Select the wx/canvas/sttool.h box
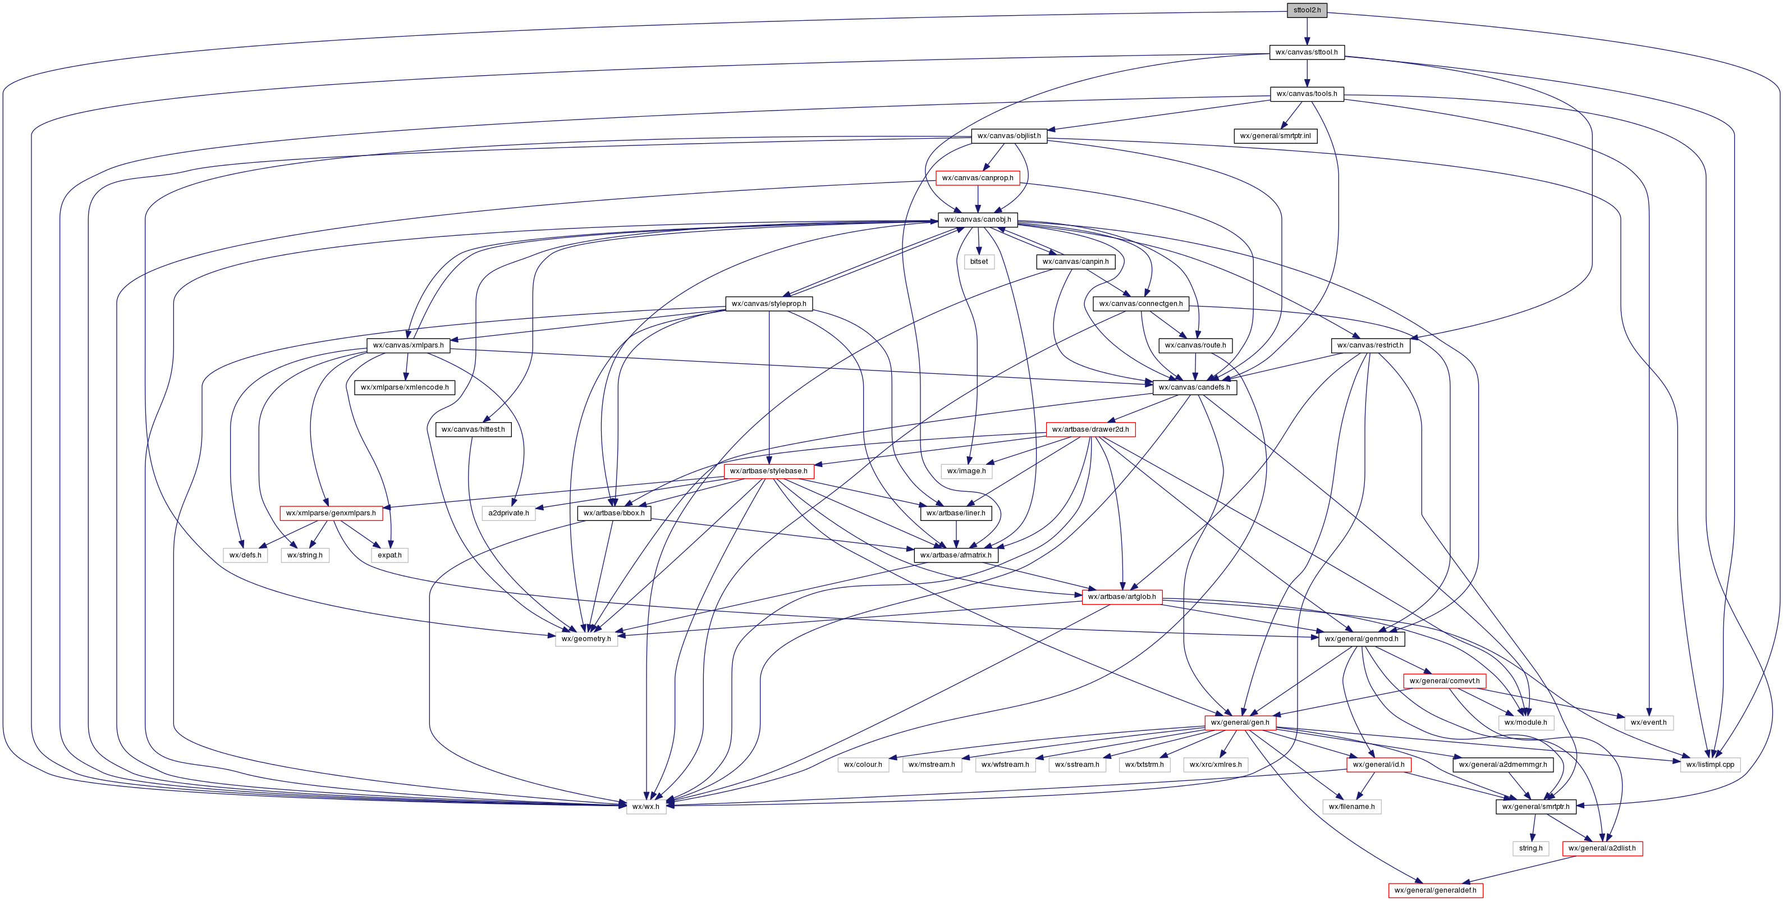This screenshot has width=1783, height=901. [x=1307, y=52]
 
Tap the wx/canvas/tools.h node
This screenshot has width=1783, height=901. [x=1307, y=94]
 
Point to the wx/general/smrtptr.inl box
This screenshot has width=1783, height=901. [x=1275, y=136]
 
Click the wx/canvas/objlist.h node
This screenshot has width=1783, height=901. [x=1009, y=136]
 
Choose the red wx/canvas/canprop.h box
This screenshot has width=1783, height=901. [x=977, y=178]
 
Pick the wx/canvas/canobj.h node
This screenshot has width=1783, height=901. [x=977, y=219]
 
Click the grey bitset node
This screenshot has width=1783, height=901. [x=979, y=262]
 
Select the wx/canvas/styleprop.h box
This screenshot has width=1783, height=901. [x=768, y=303]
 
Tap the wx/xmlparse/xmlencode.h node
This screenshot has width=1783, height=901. [x=404, y=387]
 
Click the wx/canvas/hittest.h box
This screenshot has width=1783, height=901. [x=474, y=429]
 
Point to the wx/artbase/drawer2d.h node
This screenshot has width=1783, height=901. [x=1090, y=429]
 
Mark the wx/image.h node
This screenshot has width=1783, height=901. [x=966, y=471]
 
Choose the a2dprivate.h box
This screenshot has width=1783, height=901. [x=508, y=513]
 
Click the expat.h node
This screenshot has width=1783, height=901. [x=389, y=555]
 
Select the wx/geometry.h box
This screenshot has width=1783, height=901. [x=586, y=638]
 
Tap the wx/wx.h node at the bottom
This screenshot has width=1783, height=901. [x=646, y=806]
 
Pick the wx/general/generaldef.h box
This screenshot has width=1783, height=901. [x=1436, y=890]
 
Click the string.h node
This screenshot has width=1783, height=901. [x=1530, y=848]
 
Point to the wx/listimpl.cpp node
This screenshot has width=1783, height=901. [x=1709, y=765]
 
